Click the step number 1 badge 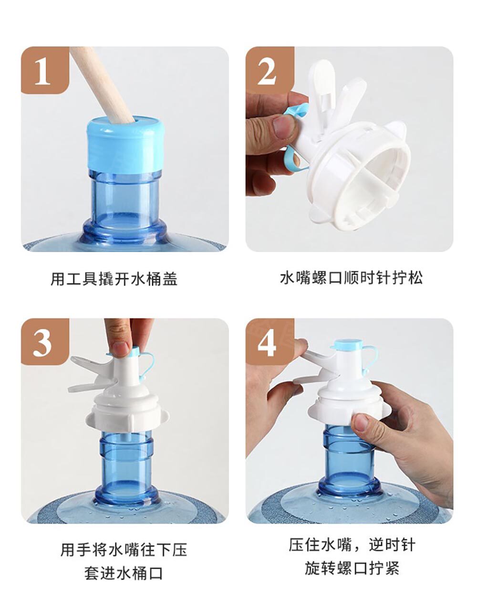click(45, 70)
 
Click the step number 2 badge click(270, 70)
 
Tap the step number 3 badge click(45, 342)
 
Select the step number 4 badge click(270, 342)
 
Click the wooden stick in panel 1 click(103, 84)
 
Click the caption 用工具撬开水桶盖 click(114, 279)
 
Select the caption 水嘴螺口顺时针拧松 click(352, 278)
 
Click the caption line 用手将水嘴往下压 click(124, 550)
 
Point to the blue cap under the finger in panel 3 click(132, 352)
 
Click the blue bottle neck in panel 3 click(126, 469)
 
